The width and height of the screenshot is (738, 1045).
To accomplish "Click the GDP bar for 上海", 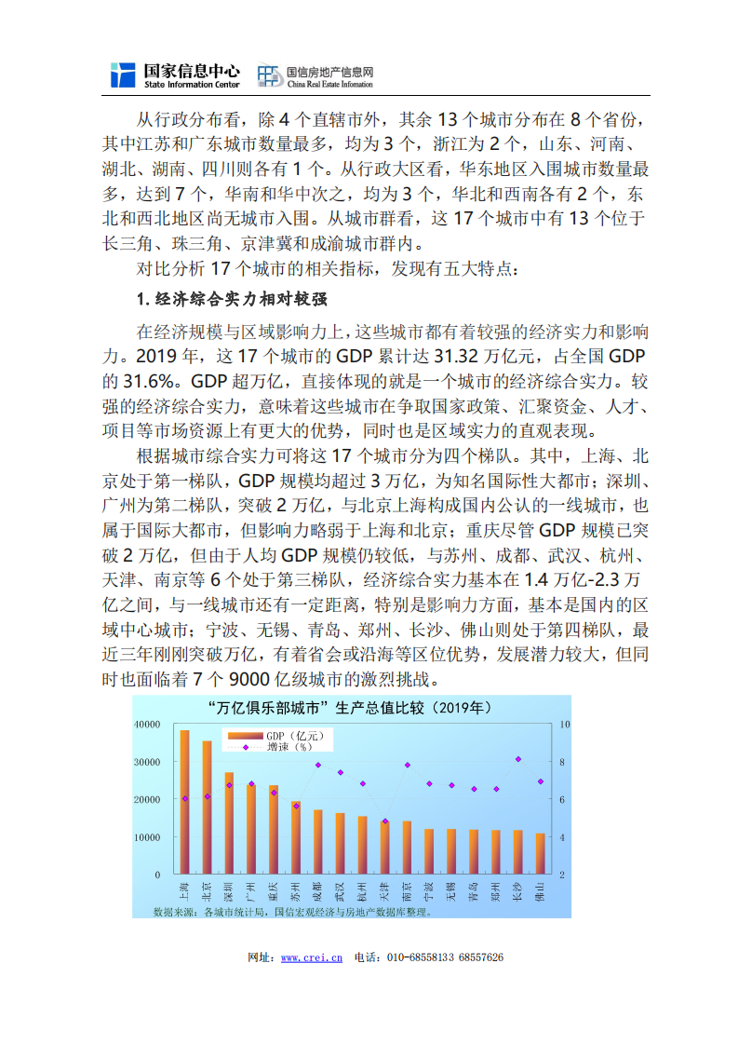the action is pos(184,802).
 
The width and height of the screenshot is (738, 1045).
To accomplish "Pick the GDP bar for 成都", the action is pos(317,842).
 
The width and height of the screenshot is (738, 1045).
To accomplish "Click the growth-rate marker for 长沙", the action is pos(517,759).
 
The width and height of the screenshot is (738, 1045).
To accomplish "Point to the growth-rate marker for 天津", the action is pos(384,821).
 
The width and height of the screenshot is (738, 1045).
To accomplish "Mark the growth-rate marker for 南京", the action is pos(407,765).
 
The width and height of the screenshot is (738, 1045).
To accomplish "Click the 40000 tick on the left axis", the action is pos(146,724).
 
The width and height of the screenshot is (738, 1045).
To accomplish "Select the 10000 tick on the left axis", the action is pos(146,837).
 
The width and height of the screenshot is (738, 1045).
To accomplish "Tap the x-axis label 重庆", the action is pos(274,889).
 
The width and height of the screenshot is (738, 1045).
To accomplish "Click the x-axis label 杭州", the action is pos(362,889).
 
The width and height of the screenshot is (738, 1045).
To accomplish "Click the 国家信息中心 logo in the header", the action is pos(175,75).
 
